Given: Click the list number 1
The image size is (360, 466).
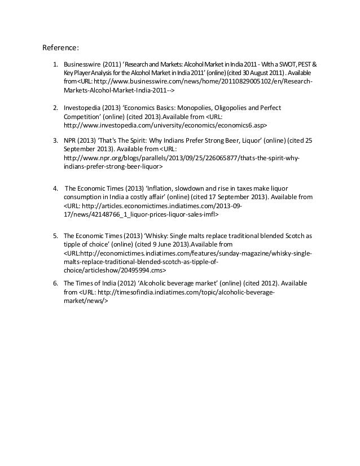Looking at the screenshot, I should [x=55, y=65].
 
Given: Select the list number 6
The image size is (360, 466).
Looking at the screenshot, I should [x=55, y=283].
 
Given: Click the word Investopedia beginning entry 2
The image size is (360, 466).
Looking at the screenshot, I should [x=82, y=107].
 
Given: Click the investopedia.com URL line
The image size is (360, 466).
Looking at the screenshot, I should [x=164, y=125].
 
